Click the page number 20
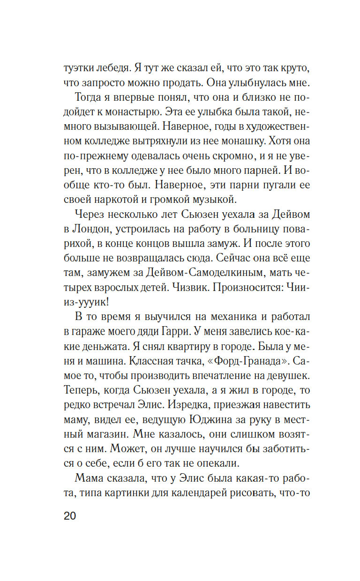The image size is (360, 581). pyautogui.click(x=69, y=516)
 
